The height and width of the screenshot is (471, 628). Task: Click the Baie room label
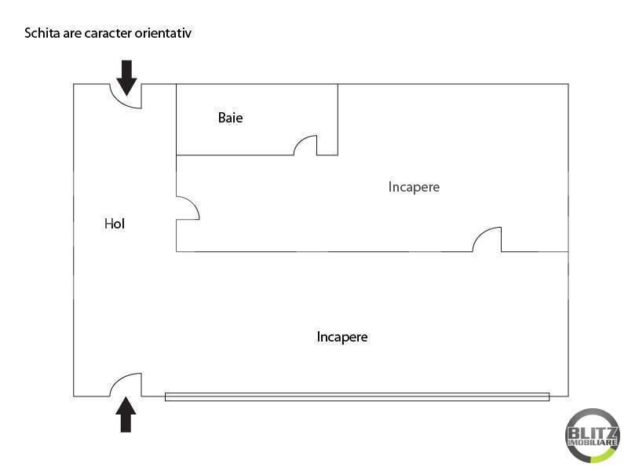[x=230, y=118]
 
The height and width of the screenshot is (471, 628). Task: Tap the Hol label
[x=115, y=224]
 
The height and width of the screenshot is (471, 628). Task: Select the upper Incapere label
[x=414, y=187]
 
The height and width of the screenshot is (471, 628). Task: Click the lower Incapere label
[x=342, y=337]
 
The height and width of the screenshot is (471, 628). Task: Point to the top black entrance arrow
[x=126, y=78]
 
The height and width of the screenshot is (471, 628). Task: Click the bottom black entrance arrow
[x=126, y=414]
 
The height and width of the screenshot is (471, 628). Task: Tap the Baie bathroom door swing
[x=305, y=145]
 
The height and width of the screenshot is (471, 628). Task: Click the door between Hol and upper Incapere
[x=188, y=208]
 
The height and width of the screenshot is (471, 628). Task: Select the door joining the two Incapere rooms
[x=487, y=239]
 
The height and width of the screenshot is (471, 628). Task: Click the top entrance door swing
[x=126, y=96]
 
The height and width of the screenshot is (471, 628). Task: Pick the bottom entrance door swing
[x=126, y=385]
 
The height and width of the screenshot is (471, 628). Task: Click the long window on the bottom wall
[x=357, y=397]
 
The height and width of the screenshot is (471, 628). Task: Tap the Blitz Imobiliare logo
[x=593, y=436]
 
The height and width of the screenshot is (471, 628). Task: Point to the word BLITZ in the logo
[x=593, y=433]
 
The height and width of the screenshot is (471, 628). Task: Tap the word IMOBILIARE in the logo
[x=593, y=443]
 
